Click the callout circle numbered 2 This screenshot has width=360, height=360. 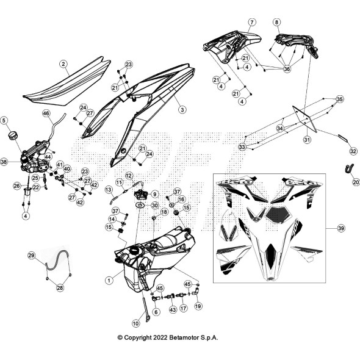click(x=63, y=64)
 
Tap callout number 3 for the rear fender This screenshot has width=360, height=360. click(x=182, y=109)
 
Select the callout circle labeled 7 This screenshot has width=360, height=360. click(x=252, y=22)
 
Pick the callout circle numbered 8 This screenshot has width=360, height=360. click(x=276, y=22)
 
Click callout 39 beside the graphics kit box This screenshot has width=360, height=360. click(x=341, y=228)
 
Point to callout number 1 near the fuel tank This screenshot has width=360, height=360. click(x=109, y=280)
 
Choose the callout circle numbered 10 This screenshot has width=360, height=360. click(x=136, y=323)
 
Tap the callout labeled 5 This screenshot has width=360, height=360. click(x=4, y=121)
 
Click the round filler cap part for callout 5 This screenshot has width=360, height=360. click(x=13, y=135)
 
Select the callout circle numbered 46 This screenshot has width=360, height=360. click(x=46, y=113)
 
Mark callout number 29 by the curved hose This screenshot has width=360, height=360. click(x=32, y=255)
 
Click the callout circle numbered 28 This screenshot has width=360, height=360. click(x=60, y=287)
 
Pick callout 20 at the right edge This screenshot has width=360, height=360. click(x=356, y=182)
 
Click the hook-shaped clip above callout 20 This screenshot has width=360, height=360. click(x=349, y=168)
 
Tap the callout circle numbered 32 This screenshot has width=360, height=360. click(x=353, y=151)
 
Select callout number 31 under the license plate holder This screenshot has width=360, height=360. click(x=307, y=139)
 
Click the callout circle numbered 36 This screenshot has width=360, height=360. click(x=287, y=69)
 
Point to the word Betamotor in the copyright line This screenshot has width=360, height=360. click(x=184, y=338)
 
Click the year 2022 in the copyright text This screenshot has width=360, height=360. click(x=160, y=338)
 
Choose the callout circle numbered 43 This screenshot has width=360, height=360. click(x=173, y=310)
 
